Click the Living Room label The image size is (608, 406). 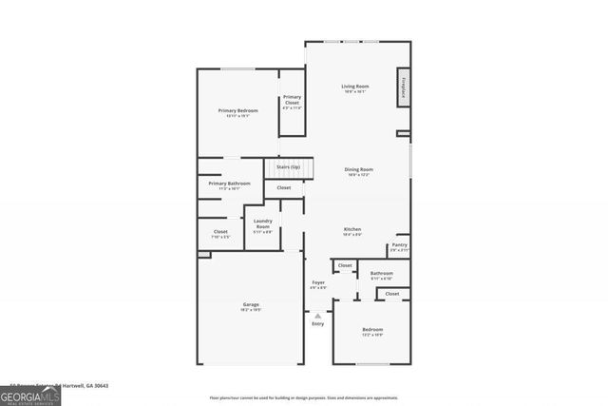click(355, 87)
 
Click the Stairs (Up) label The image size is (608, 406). click(288, 167)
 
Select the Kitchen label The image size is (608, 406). click(351, 229)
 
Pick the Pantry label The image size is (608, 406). click(399, 245)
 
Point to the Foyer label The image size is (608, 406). click(318, 282)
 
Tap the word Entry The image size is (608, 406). click(317, 323)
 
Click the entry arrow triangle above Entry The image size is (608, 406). click(317, 315)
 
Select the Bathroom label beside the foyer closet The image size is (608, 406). click(381, 273)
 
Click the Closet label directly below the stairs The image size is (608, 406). click(284, 188)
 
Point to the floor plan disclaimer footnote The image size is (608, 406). click(304, 397)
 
